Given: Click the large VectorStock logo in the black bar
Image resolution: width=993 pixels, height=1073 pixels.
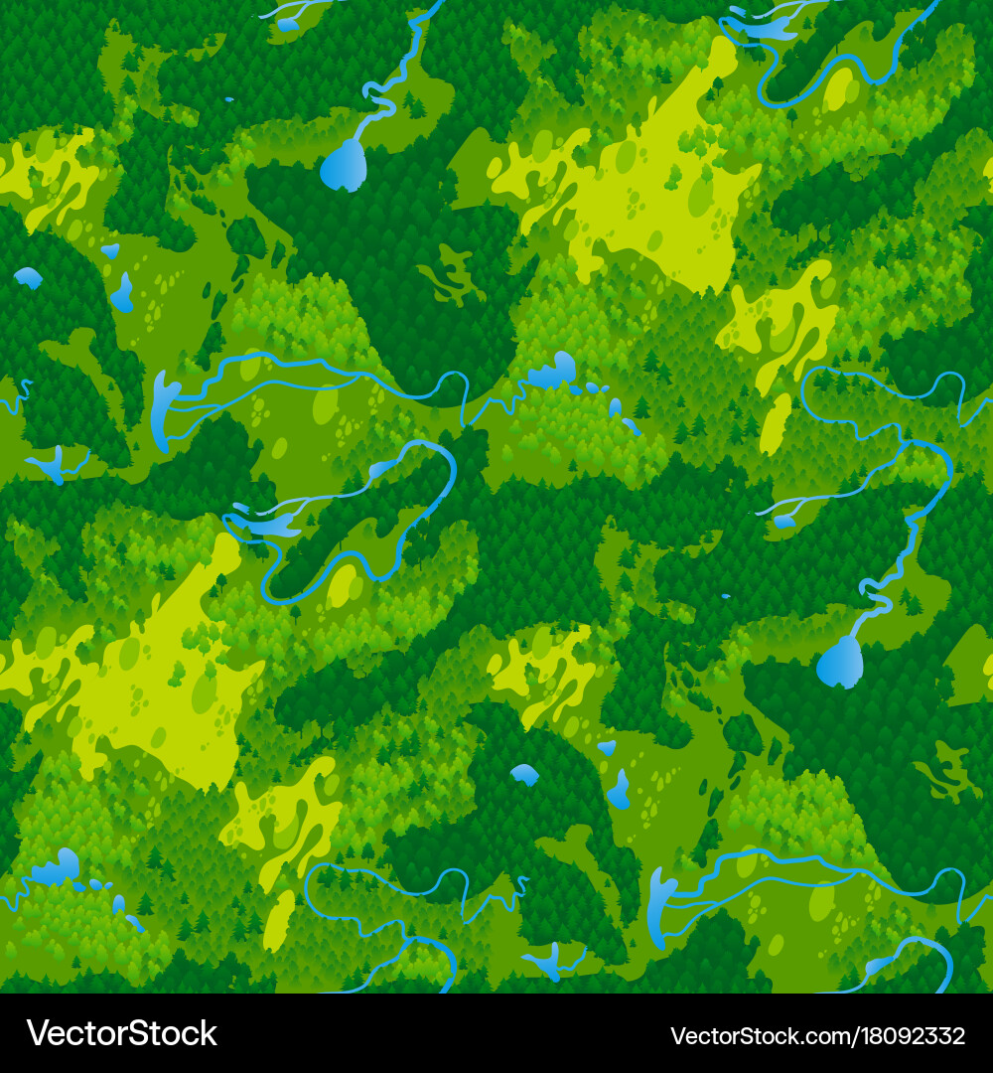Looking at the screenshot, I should [121, 1033].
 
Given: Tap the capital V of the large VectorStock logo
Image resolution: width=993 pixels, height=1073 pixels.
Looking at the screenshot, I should [37, 1033].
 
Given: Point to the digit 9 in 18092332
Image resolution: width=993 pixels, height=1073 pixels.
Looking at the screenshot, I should [896, 1036].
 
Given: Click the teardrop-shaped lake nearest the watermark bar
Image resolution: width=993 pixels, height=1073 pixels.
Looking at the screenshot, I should [840, 662].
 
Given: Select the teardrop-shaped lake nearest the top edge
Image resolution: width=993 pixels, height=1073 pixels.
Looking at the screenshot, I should [344, 165].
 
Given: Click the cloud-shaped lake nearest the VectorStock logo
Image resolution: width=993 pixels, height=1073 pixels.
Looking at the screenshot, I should [56, 869].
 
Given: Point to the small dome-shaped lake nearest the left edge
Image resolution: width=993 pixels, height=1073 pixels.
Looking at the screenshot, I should [28, 277].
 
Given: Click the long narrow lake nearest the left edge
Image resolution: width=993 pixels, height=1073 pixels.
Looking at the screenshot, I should [162, 407].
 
